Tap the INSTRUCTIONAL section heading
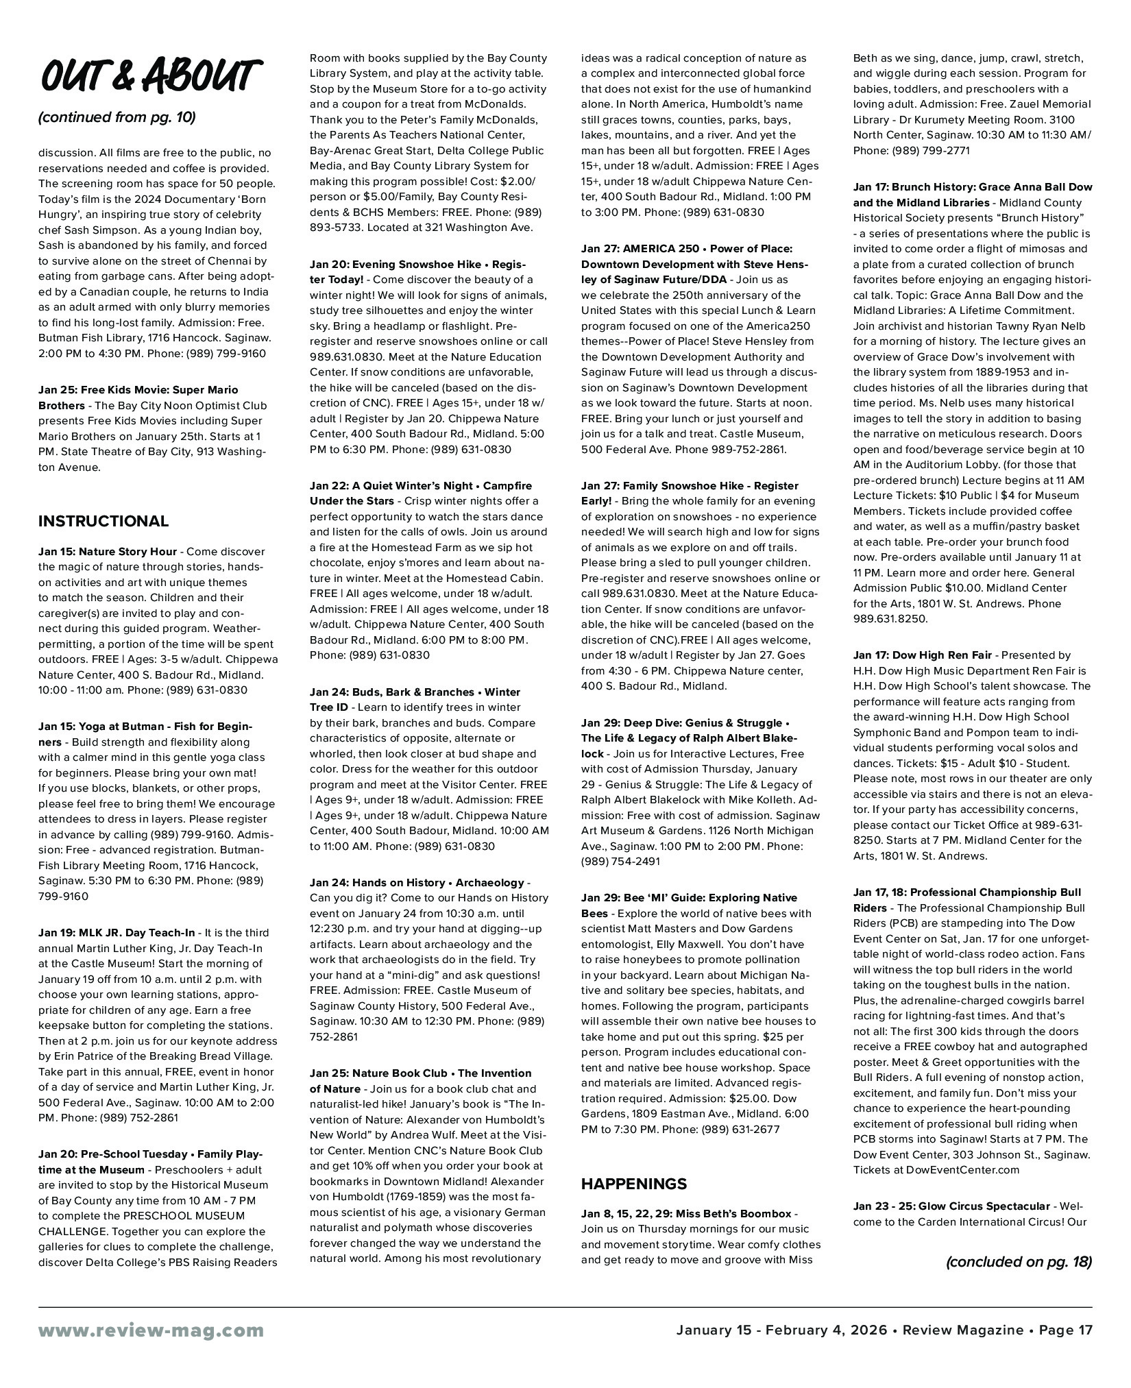tap(104, 521)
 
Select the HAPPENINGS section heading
tap(634, 1184)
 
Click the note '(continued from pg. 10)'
tap(117, 117)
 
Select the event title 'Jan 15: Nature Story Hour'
tap(108, 552)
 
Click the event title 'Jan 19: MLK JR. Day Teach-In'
tap(117, 933)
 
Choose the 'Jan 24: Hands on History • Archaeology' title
tap(417, 883)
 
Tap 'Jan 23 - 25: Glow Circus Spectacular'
tap(951, 1206)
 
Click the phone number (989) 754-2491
tap(620, 862)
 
